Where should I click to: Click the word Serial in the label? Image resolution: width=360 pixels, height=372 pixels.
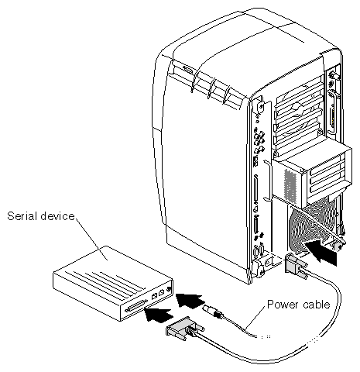tap(22, 216)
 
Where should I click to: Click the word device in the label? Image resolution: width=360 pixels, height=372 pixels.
tap(57, 216)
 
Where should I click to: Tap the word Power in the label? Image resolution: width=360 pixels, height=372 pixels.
tap(282, 305)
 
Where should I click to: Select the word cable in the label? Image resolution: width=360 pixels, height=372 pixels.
tap(317, 305)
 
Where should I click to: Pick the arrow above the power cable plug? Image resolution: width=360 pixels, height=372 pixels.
tap(190, 301)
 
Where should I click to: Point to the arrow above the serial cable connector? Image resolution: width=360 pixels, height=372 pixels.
tap(159, 315)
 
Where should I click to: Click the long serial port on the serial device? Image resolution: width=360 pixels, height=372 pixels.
tap(136, 306)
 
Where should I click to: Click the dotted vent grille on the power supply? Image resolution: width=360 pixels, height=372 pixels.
tap(290, 184)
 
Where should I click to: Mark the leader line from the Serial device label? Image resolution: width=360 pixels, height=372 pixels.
tap(91, 239)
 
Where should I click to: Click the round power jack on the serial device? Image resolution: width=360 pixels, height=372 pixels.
tap(170, 289)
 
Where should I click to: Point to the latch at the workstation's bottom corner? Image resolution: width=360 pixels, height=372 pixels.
tap(258, 269)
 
